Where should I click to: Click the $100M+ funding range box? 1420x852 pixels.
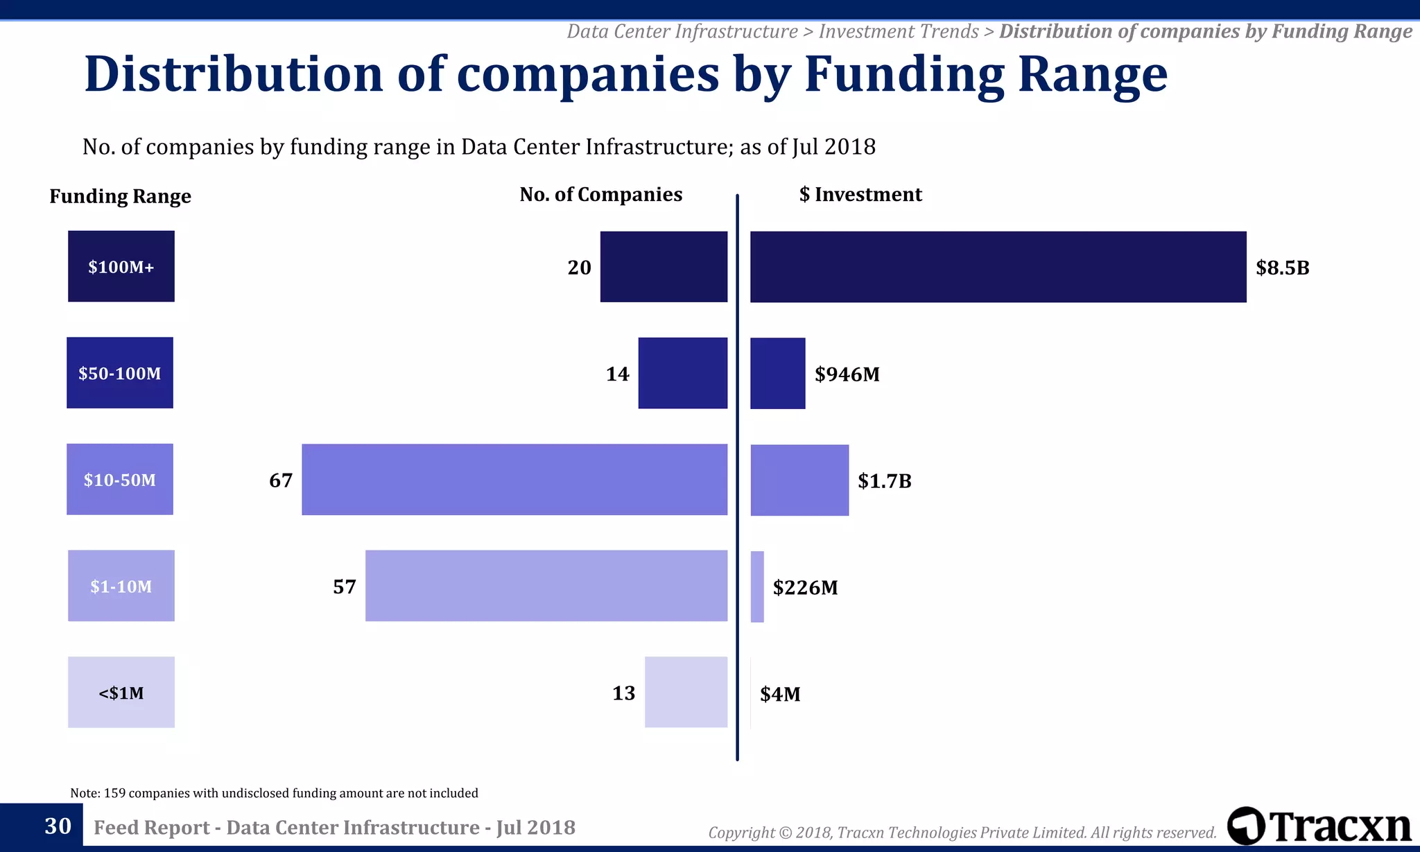pos(121,266)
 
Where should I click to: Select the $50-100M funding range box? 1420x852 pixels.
pos(120,373)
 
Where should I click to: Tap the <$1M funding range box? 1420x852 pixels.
pos(121,692)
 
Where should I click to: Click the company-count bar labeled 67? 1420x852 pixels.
pos(514,480)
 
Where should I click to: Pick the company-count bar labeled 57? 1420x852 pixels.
pos(546,586)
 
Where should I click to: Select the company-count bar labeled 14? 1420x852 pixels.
pos(683,373)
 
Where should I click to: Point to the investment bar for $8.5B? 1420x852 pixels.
pos(998,267)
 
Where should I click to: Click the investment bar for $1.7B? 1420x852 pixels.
pos(799,480)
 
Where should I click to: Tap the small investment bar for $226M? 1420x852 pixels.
pos(757,586)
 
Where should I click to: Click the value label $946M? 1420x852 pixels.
pos(847,374)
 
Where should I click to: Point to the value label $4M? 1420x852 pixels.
pos(780,694)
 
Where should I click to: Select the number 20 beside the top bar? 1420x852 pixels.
pos(579,268)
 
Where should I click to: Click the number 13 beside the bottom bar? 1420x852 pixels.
pos(623,693)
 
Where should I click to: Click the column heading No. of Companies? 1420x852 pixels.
pos(600,195)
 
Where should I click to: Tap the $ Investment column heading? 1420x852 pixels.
pos(860,195)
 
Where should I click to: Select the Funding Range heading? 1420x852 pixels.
pos(120,197)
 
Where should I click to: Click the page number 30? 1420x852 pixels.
pos(58,826)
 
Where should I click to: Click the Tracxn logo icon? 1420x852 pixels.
pos(1245,826)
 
